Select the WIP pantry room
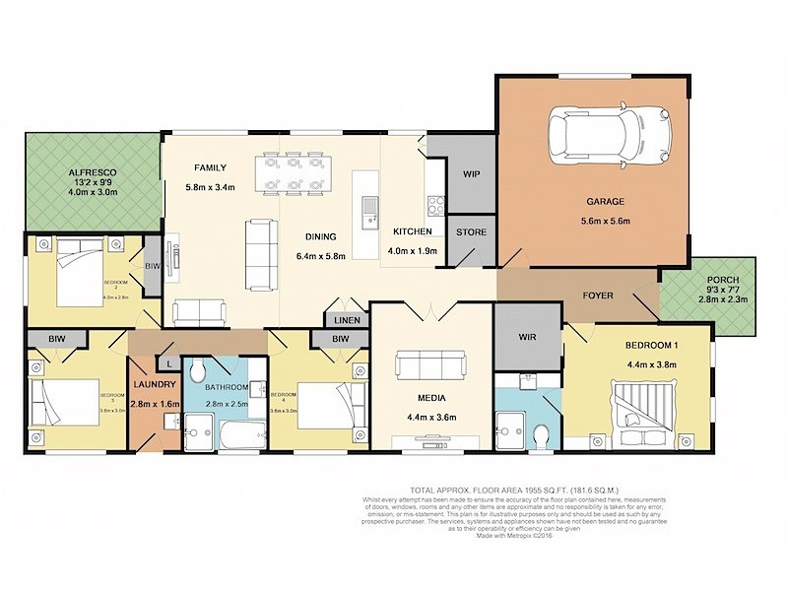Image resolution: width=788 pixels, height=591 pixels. (471, 174)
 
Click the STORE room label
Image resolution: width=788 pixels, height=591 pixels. (468, 232)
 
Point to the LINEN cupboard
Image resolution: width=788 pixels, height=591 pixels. (348, 320)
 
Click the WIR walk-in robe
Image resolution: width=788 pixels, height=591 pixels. (526, 336)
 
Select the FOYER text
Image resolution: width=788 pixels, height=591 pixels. (598, 295)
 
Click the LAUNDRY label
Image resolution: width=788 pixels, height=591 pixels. (155, 384)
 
